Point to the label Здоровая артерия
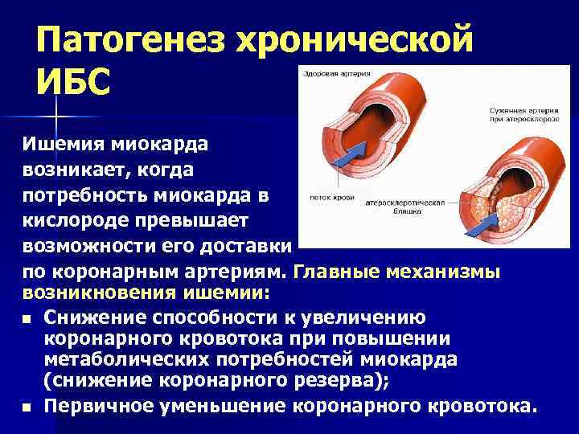336,74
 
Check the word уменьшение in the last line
216,407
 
